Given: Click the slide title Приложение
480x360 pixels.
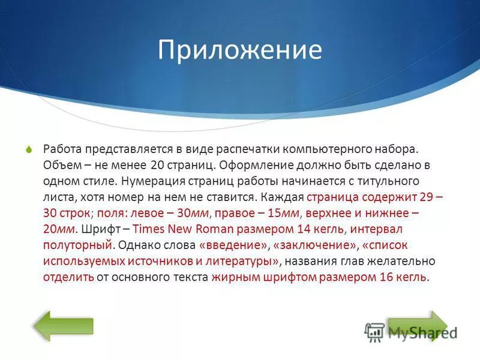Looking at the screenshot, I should coord(240,50).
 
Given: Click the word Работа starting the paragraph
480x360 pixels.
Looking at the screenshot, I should coord(62,148).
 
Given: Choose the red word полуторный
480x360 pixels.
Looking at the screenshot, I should coord(77,245).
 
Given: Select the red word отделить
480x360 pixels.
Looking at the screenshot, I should coord(68,277).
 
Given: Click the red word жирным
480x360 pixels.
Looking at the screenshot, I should coord(233,277).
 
